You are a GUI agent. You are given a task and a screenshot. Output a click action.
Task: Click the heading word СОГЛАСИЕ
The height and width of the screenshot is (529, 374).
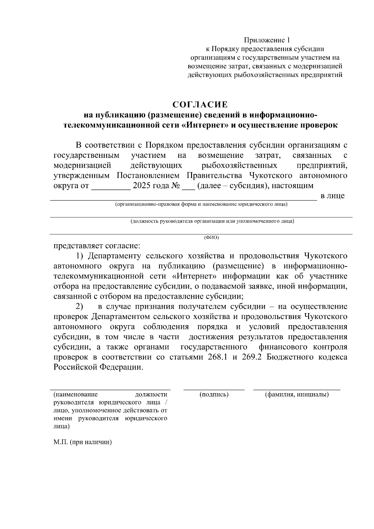tap(200, 104)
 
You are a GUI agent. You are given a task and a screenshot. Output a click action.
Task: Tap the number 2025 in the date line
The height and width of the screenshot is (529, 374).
tap(142, 186)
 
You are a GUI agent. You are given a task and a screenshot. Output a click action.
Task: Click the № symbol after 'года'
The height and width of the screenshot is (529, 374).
tap(175, 186)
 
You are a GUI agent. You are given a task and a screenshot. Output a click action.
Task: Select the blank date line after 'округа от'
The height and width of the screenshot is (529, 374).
tap(111, 187)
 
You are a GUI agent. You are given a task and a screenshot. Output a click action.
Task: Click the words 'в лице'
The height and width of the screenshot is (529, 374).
tap(333, 196)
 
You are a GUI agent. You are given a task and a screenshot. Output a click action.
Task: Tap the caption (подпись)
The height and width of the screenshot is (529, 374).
tap(214, 394)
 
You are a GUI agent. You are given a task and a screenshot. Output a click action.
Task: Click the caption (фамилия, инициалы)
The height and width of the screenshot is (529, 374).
tap(297, 394)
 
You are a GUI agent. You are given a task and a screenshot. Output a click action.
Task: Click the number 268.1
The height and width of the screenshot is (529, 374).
tap(218, 357)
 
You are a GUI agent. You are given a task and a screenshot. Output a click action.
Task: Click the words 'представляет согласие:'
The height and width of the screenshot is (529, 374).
tap(97, 246)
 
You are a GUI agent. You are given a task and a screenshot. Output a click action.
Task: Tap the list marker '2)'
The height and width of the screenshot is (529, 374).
tap(80, 307)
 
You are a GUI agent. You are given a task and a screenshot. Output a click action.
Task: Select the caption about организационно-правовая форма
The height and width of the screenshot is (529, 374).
tap(201, 204)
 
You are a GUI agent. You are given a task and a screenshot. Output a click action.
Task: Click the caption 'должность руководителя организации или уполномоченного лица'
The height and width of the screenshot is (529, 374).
tap(212, 221)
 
